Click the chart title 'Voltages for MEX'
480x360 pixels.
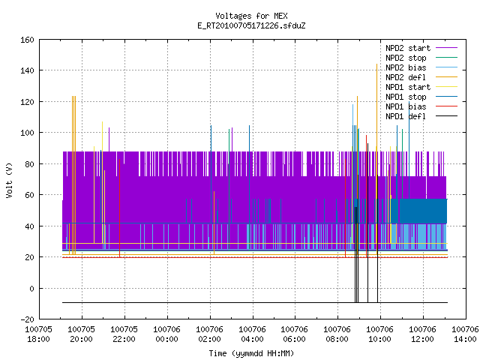click(251, 16)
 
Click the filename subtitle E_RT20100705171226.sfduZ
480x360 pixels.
click(251, 25)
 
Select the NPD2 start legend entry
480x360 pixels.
click(421, 48)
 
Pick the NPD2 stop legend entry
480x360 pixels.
click(421, 58)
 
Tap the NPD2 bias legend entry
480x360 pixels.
click(421, 67)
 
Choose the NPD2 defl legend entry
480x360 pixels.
click(421, 77)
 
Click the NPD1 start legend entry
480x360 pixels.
click(421, 87)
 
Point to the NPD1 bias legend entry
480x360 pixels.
click(421, 106)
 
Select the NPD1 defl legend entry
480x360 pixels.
click(421, 116)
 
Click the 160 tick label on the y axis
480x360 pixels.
click(27, 40)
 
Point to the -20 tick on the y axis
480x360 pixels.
click(27, 319)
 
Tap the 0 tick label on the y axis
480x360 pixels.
click(31, 288)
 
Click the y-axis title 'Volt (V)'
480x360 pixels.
click(9, 180)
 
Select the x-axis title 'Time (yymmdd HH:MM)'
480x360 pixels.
click(251, 353)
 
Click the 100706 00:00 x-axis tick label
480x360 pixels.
click(166, 334)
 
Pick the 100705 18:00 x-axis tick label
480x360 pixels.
click(38, 334)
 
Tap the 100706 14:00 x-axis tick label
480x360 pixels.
click(465, 334)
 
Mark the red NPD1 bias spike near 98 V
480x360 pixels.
click(366, 196)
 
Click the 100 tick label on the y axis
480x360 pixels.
click(27, 133)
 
